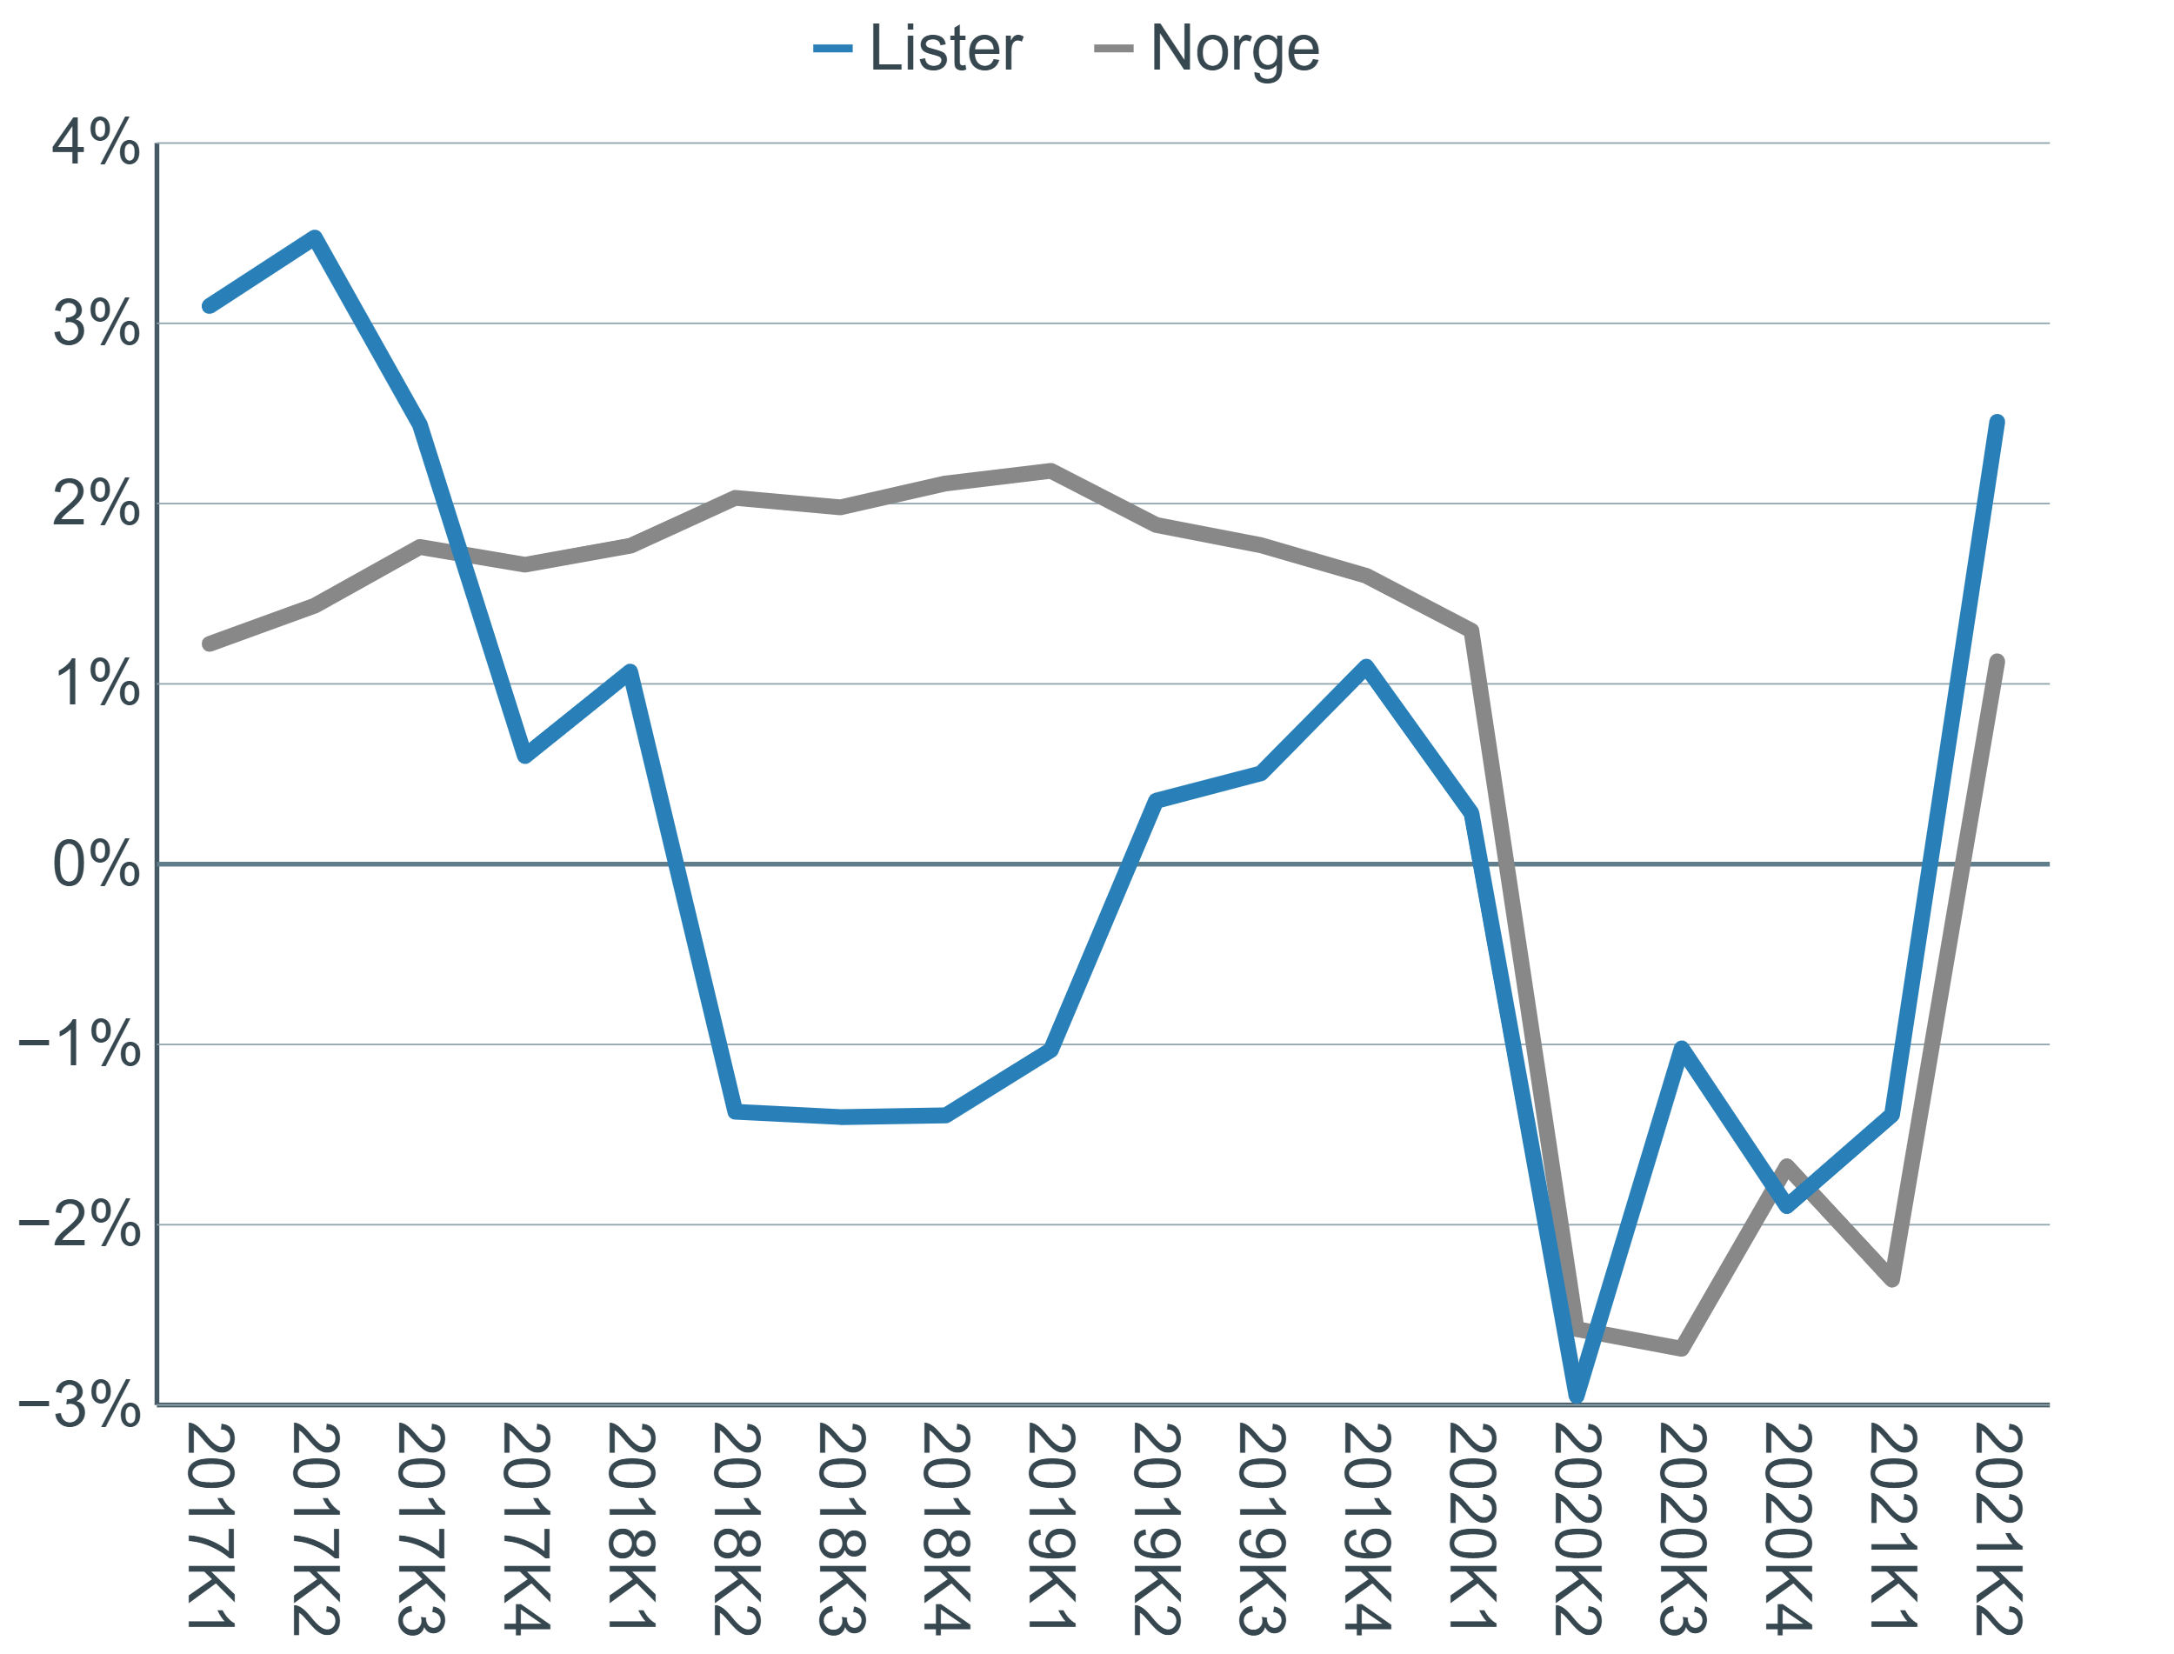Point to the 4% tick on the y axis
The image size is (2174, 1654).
96,144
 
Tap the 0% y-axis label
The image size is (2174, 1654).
96,864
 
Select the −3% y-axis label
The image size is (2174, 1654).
81,1405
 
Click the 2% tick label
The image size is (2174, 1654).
96,505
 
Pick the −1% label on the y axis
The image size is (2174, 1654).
81,1044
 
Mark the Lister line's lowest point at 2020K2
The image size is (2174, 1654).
1577,1396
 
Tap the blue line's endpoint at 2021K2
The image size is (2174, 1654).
1997,422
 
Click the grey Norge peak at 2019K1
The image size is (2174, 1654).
1051,469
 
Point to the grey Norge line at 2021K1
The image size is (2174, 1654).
1892,1281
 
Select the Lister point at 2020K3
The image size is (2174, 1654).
1682,1045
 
